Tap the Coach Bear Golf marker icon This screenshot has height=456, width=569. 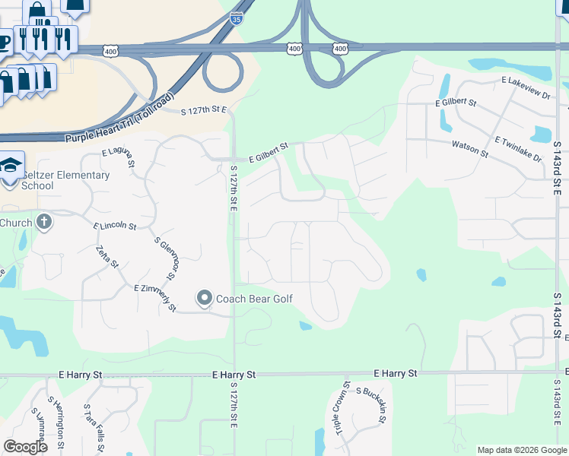point(204,298)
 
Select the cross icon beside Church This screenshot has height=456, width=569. point(44,223)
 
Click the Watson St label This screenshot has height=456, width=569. point(469,147)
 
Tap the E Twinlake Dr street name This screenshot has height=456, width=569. point(518,150)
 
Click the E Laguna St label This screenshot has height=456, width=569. point(119,157)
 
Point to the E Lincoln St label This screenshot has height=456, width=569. point(115,226)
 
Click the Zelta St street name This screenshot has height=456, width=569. point(107,257)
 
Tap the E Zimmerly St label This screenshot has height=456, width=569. point(155,298)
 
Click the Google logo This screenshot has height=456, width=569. point(26,447)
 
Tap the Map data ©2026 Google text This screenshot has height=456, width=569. point(521,450)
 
